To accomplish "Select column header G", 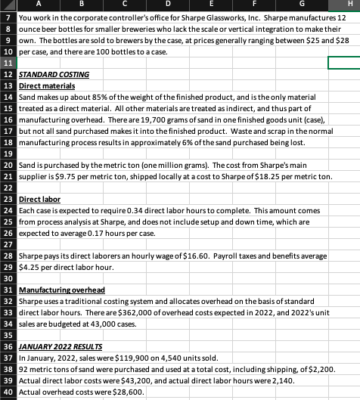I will [x=299, y=6].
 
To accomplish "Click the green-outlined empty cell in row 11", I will [x=343, y=63].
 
